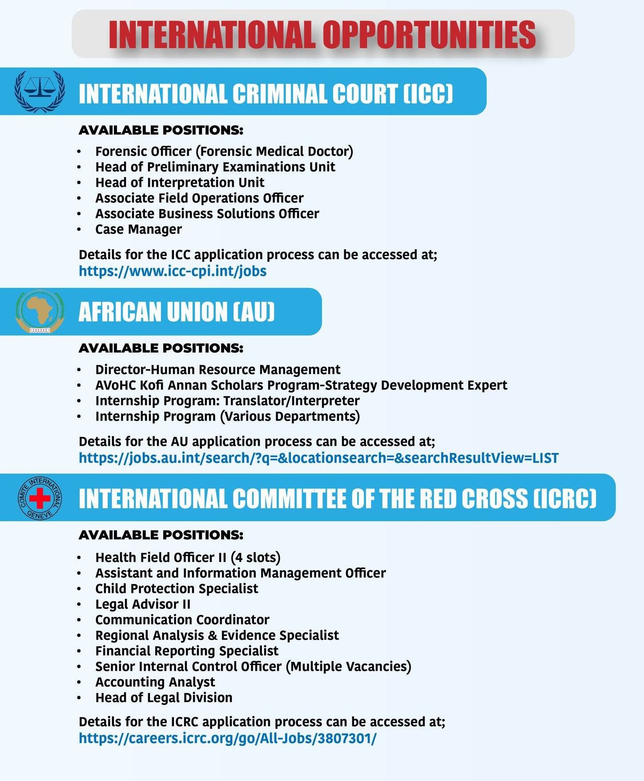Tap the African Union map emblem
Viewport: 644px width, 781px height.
[40, 311]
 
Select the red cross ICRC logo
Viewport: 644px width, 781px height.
[40, 498]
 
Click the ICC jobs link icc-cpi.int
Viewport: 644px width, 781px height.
[173, 271]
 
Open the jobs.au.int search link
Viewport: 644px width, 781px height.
[318, 458]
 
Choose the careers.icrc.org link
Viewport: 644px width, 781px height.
[227, 738]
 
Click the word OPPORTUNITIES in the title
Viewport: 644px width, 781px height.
[429, 34]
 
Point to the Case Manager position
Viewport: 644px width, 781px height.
[138, 229]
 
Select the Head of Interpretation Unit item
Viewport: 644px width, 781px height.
[180, 183]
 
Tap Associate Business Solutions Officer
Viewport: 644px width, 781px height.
[207, 214]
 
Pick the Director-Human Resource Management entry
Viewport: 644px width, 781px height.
[217, 370]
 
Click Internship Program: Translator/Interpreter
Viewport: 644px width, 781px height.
[227, 401]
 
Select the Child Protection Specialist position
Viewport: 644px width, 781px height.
[177, 589]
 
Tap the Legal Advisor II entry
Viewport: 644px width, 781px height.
[143, 604]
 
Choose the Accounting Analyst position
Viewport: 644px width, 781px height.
[155, 682]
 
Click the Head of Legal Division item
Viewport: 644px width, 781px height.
[164, 697]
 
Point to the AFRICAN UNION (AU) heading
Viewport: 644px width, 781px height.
[177, 312]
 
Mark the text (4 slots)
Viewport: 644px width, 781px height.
[255, 557]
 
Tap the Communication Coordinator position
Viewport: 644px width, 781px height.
[182, 620]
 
